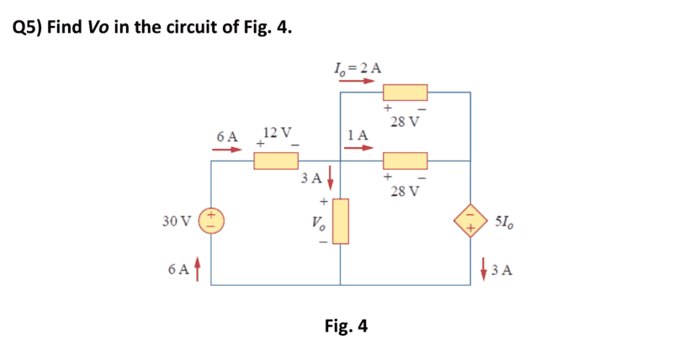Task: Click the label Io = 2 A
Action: (357, 67)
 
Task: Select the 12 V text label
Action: (277, 133)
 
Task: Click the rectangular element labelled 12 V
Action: (276, 160)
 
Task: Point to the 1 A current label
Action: (358, 135)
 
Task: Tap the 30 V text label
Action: (177, 222)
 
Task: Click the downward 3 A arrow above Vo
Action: (330, 177)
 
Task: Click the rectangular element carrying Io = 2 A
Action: (405, 93)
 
